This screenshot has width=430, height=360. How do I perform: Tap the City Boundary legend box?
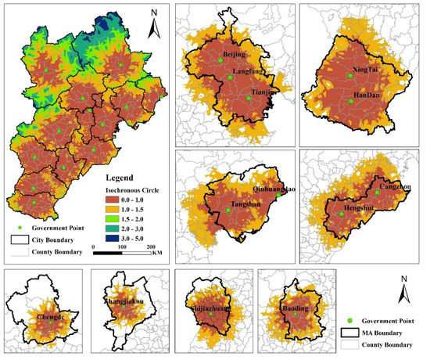coord(20,240)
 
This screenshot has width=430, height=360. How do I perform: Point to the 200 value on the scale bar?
coord(151,247)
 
